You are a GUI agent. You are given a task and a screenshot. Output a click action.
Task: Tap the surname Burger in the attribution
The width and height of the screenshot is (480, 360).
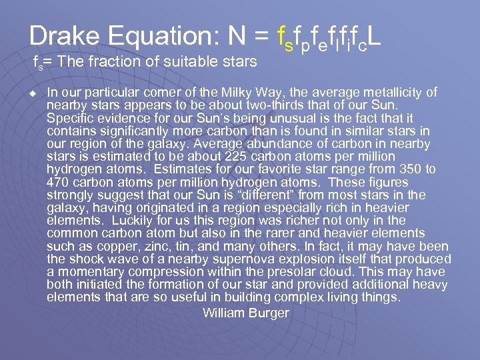(269, 313)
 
